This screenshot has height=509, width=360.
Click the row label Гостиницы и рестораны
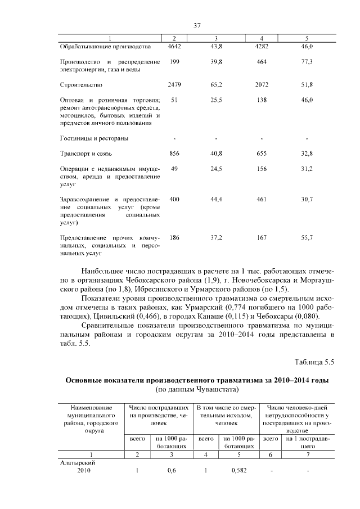(93, 138)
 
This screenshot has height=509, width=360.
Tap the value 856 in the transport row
(174, 154)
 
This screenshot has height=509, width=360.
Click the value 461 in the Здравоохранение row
(262, 200)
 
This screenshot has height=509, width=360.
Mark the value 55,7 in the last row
(307, 238)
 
